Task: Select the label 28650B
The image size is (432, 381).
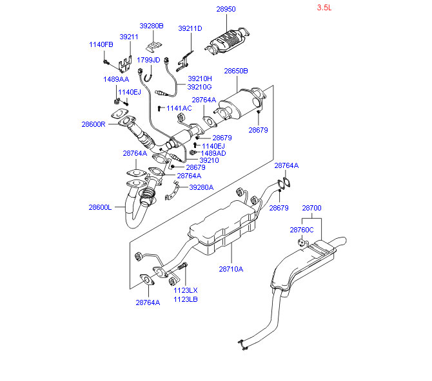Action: [x=236, y=71]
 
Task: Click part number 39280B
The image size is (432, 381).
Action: [x=152, y=26]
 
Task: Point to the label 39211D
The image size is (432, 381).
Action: [x=190, y=28]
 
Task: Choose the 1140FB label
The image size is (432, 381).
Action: [x=101, y=44]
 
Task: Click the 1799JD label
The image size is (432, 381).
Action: [x=148, y=60]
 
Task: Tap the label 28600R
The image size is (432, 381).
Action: [x=93, y=124]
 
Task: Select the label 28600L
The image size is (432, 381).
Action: [x=101, y=207]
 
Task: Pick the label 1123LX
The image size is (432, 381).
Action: [x=185, y=290]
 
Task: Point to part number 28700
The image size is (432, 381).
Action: [x=311, y=209]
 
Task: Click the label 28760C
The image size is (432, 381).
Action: [x=301, y=230]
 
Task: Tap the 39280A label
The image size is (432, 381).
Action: [x=201, y=187]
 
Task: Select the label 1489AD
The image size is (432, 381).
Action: [x=213, y=153]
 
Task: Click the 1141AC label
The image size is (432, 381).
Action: [x=179, y=108]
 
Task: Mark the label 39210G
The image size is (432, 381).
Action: [x=199, y=87]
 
